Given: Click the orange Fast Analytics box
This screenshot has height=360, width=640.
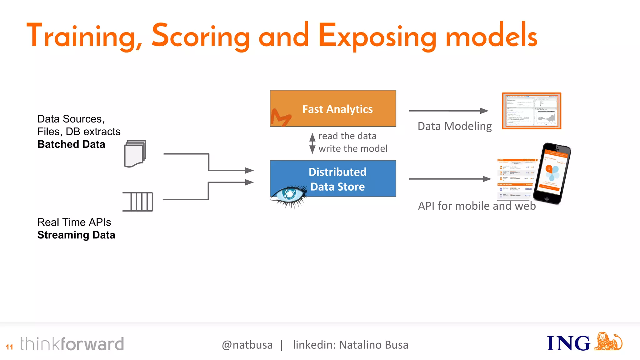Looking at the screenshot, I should click(333, 108).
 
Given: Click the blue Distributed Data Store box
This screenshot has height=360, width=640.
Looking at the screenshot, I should click(333, 178).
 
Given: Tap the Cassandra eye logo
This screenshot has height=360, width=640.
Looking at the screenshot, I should click(289, 195).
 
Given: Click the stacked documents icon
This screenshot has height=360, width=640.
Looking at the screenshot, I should click(135, 154).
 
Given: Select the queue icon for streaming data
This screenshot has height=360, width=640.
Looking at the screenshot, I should click(138, 202).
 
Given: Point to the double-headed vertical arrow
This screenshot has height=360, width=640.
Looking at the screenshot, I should click(312, 143).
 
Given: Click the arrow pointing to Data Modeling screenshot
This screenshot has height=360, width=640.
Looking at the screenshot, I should click(448, 111).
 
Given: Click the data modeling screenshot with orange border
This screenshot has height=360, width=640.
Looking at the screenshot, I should click(532, 111).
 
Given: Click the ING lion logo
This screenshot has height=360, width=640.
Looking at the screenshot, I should click(608, 342).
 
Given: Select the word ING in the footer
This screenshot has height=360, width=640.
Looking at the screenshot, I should click(568, 343).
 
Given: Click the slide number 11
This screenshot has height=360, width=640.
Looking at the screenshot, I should click(9, 347).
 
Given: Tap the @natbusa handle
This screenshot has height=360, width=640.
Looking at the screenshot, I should click(247, 345).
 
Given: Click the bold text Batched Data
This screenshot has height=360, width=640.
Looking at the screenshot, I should click(71, 144).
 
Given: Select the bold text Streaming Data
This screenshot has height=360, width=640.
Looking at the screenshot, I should click(76, 235).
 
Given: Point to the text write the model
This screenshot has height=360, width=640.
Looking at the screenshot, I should click(353, 148).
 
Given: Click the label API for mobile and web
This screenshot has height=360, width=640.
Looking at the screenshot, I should click(477, 206).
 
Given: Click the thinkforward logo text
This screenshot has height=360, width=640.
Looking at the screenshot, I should click(72, 344).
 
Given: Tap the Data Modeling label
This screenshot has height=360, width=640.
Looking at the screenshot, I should click(455, 126).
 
